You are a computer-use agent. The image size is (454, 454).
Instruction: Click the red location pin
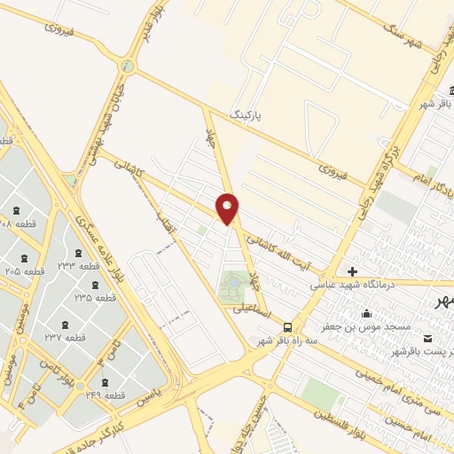point(228,207)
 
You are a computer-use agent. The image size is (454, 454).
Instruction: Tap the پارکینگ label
point(247,115)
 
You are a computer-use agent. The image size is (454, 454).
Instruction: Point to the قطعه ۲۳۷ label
point(66,338)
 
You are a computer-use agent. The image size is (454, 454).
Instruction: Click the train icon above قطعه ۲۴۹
point(105,383)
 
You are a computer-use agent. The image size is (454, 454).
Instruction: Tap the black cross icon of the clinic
point(353,271)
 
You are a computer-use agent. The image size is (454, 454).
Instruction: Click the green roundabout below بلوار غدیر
point(129,67)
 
